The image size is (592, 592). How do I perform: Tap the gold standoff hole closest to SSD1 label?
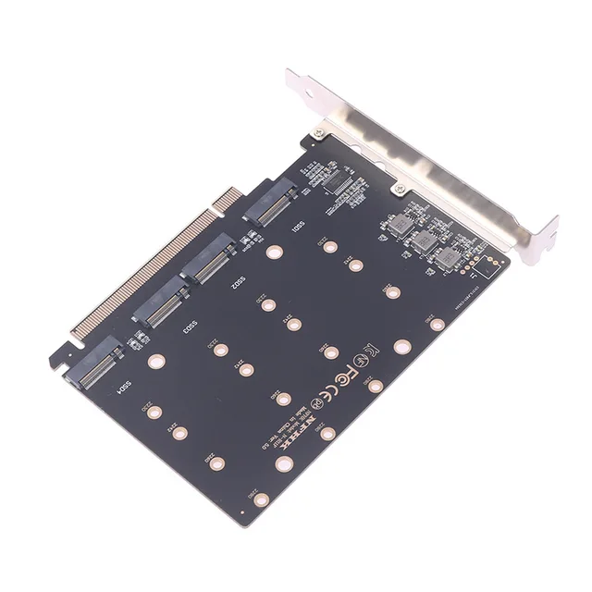pyautogui.click(x=272, y=251)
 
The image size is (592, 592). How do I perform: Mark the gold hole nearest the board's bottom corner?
pyautogui.click(x=262, y=499)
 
